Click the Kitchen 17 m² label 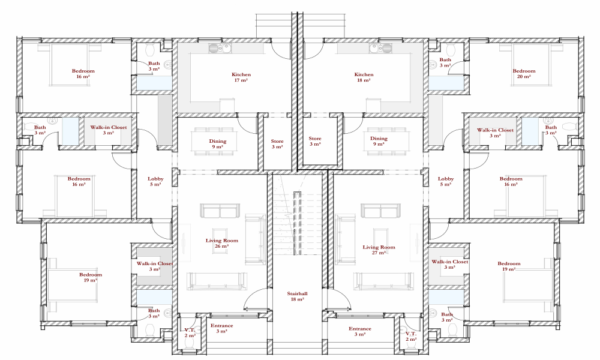(241, 77)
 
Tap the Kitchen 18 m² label (364, 77)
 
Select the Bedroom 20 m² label (524, 73)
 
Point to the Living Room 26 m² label (221, 244)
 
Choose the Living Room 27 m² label (379, 250)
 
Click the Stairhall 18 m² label (298, 296)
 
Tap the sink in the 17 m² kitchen (220, 48)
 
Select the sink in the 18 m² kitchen (380, 48)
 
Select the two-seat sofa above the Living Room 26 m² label (220, 211)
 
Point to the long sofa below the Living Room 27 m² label (383, 281)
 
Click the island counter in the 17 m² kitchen (227, 106)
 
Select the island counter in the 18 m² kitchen (373, 106)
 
